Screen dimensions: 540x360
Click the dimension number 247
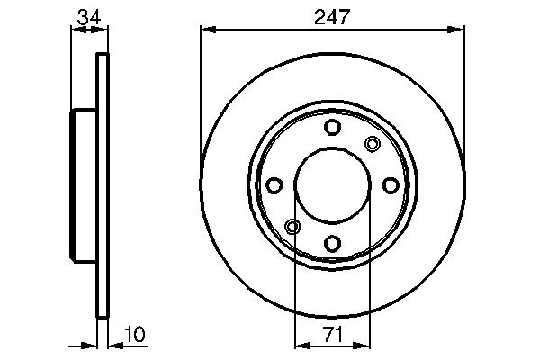332,17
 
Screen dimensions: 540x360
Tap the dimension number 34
89,17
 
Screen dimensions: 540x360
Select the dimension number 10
135,334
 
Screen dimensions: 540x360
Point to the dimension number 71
333,335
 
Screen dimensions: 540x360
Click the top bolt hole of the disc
332,127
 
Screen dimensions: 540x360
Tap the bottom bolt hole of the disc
332,244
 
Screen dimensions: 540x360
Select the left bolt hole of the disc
274,185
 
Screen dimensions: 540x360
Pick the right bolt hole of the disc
391,185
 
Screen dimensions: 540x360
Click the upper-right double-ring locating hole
373,144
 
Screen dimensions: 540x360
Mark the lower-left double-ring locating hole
292,227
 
